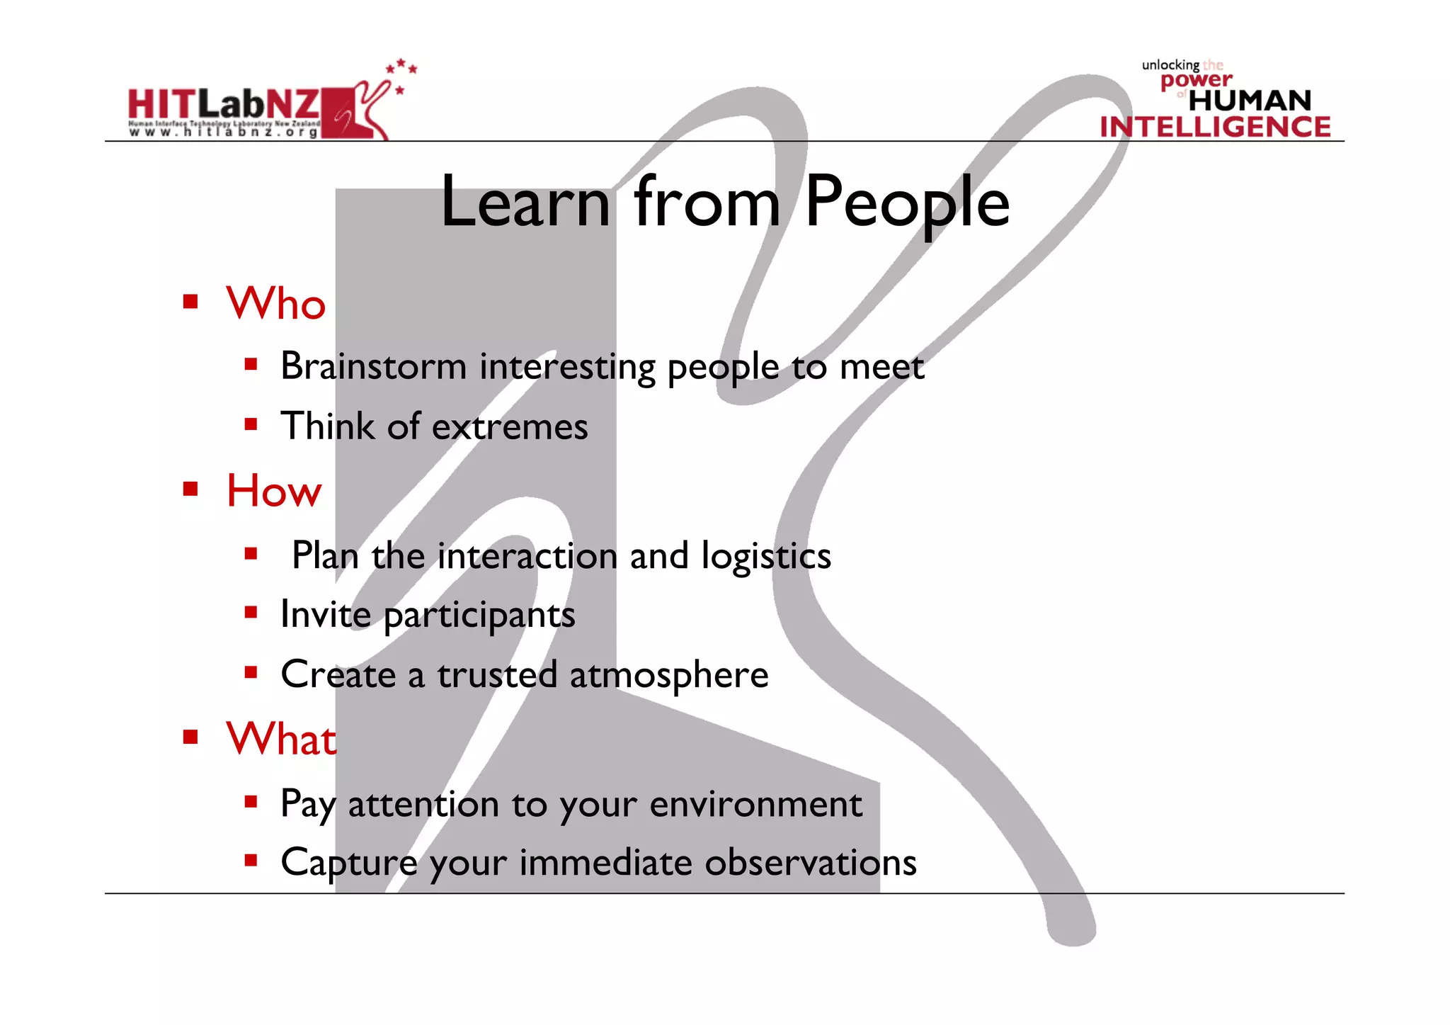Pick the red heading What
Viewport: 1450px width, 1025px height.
[280, 739]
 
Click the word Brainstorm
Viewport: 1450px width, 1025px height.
[373, 366]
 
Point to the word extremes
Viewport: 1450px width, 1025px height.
[510, 426]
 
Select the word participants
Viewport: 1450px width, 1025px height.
[479, 615]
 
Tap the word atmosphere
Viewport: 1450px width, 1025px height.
[668, 674]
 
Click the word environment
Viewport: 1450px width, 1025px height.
[755, 804]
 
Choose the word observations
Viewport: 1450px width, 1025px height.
[810, 863]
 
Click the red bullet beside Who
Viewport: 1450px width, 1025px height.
[190, 302]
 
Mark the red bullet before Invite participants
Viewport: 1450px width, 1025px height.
[251, 612]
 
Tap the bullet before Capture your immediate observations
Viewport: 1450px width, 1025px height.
[251, 861]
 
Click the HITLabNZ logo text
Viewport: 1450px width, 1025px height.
[224, 104]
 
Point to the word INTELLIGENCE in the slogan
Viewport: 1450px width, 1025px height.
[1215, 127]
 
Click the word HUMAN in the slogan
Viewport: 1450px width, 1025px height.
[1250, 101]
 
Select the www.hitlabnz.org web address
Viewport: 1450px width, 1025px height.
[223, 132]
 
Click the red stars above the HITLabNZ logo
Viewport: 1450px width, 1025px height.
[401, 69]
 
